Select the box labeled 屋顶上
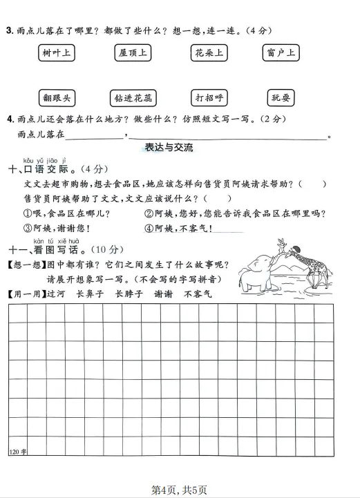(x=133, y=53)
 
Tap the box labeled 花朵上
(x=209, y=53)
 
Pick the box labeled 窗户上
(x=281, y=53)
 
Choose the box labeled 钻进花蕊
(x=133, y=97)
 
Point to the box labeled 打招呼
(x=209, y=97)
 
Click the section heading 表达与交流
(x=169, y=148)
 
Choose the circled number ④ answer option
(x=149, y=228)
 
